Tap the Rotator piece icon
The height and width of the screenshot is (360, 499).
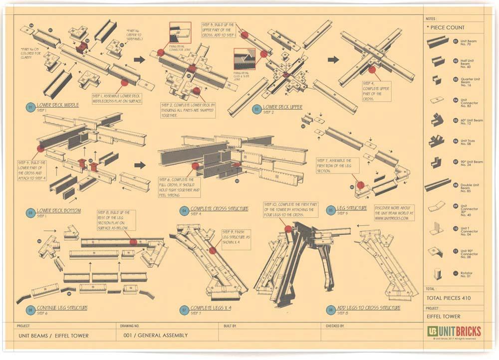pyautogui.click(x=437, y=274)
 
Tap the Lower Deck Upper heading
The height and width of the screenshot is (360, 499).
pyautogui.click(x=282, y=107)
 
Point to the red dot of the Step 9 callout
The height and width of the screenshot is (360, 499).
pyautogui.click(x=213, y=250)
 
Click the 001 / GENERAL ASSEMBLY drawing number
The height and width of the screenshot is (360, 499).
pyautogui.click(x=155, y=336)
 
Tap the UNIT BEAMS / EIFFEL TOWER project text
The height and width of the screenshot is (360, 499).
pyautogui.click(x=53, y=336)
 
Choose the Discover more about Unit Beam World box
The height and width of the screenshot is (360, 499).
pyautogui.click(x=394, y=212)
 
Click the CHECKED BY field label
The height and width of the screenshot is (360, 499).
pyautogui.click(x=335, y=325)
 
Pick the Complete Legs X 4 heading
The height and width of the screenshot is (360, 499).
pyautogui.click(x=211, y=308)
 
